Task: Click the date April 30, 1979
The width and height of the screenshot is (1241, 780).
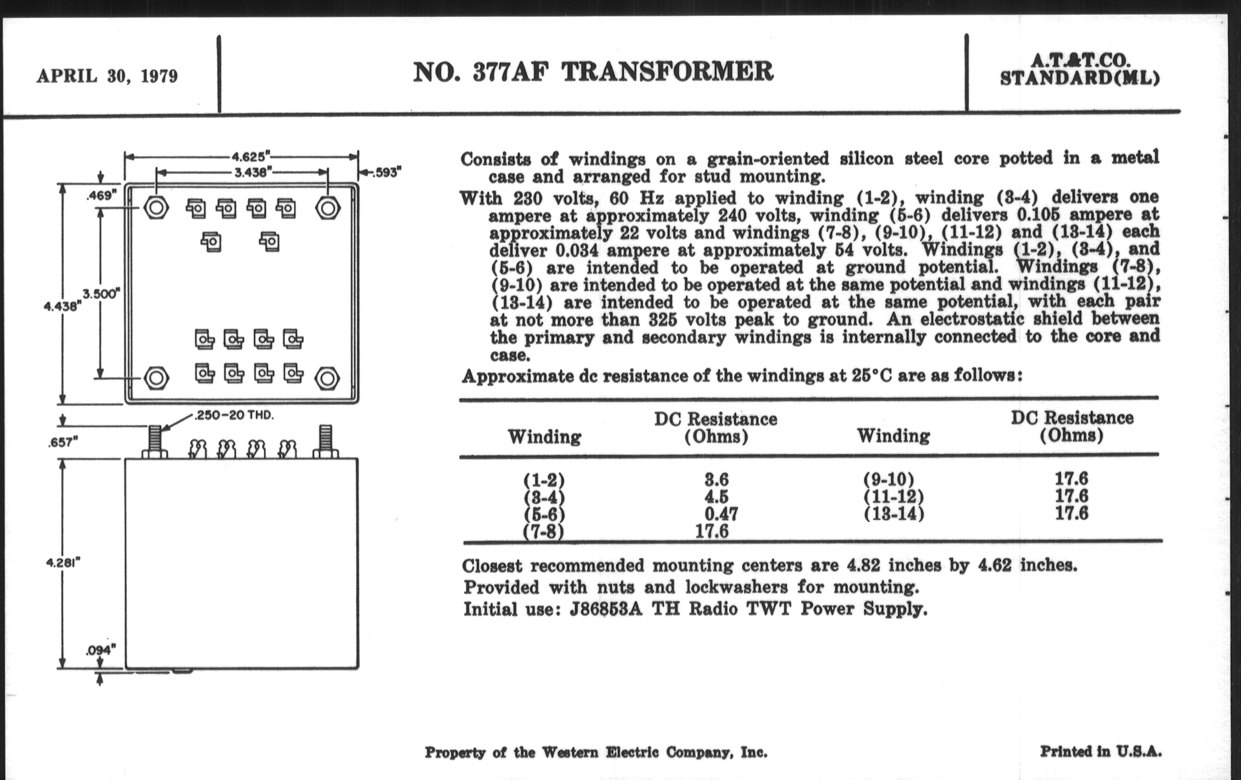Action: click(x=107, y=76)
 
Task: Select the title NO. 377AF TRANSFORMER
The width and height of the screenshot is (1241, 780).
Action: click(x=593, y=72)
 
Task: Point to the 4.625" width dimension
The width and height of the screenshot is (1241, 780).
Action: click(x=251, y=157)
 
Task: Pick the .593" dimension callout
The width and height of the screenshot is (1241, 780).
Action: click(x=385, y=172)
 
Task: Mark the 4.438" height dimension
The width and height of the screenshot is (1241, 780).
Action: click(x=62, y=306)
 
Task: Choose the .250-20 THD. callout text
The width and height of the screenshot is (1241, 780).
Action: click(x=234, y=415)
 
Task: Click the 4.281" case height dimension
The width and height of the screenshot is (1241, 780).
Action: click(x=63, y=562)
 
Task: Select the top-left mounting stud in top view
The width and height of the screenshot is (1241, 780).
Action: click(x=156, y=208)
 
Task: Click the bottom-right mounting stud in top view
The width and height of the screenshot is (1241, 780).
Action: click(x=327, y=378)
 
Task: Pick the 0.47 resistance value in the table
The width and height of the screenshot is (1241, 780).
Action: click(x=721, y=513)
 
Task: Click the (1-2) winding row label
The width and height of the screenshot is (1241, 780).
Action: click(x=544, y=480)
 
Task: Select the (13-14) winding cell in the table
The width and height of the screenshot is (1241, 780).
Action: click(x=893, y=513)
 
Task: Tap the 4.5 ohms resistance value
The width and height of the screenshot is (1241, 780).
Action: click(x=716, y=497)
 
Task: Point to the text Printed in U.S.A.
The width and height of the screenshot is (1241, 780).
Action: click(x=1100, y=751)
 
